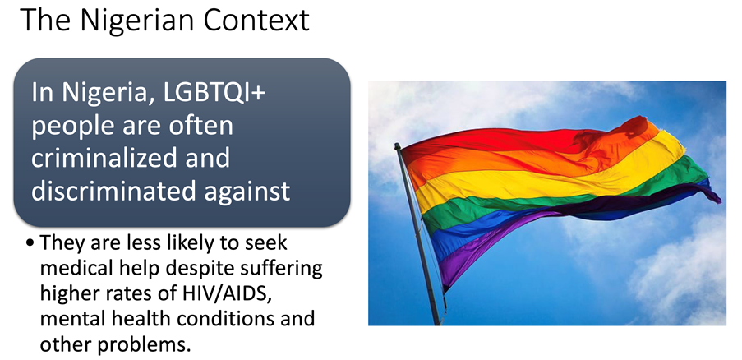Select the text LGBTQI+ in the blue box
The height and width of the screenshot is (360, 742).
[214, 92]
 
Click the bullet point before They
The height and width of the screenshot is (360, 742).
[30, 243]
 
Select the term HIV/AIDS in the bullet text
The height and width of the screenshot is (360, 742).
[227, 293]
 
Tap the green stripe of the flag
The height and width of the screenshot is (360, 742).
[559, 199]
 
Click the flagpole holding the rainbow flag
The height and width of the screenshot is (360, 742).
[418, 234]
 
